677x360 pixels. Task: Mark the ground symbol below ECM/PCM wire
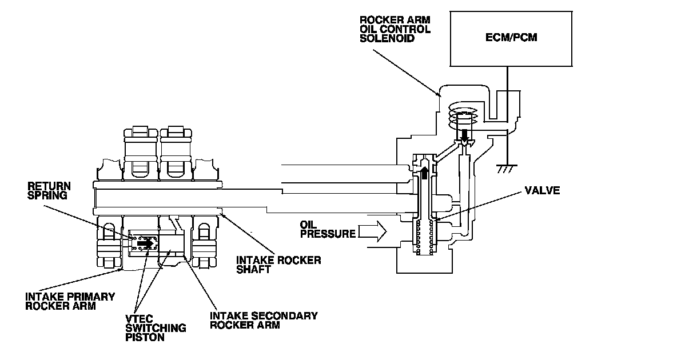(x=506, y=167)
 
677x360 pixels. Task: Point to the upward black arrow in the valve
(x=424, y=171)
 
